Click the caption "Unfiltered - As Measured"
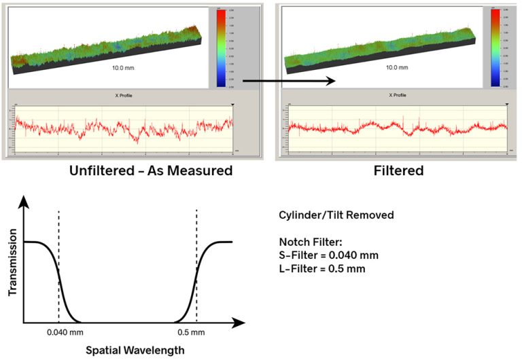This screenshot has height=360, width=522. point(151,171)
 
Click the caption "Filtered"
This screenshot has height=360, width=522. point(398,171)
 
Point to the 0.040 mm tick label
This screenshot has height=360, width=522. point(59,332)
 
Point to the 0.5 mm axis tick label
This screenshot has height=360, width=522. point(196,332)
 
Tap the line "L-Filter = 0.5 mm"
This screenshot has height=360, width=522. point(322,268)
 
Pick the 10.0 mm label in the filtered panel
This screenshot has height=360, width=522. point(398,68)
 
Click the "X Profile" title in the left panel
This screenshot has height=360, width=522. point(123,96)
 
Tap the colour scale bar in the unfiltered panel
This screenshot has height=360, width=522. point(222,48)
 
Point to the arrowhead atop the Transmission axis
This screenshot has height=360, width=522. point(25,201)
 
